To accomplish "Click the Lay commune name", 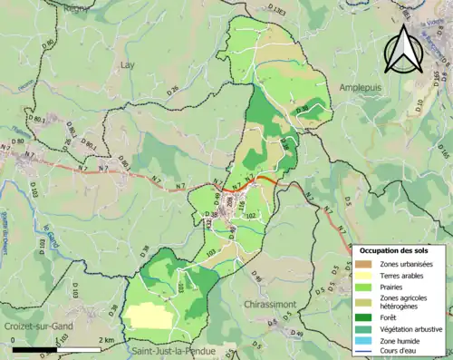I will coord(128,65).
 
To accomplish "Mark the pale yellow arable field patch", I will coord(149,315).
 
